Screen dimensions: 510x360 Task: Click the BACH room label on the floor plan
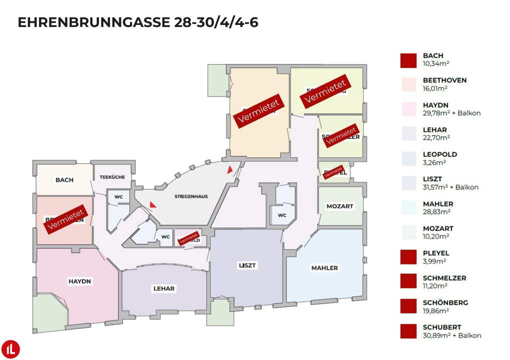pos(64,180)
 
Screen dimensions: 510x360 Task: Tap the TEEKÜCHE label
pos(112,177)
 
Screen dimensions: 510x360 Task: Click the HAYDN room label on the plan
pos(80,281)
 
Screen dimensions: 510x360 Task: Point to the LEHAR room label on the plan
pos(164,288)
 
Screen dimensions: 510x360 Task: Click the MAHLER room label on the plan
pos(324,268)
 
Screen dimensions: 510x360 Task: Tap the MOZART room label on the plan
pos(340,206)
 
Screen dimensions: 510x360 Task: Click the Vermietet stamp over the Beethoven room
pos(65,218)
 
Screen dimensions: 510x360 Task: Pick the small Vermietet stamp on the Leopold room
pos(188,238)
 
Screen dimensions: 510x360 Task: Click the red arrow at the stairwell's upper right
pos(230,169)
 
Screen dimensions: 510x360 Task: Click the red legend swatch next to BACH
pos(408,60)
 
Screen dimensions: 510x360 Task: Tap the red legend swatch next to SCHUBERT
pos(408,331)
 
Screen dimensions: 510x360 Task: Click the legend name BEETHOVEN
pos(444,80)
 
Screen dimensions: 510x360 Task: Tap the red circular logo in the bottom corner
pos(10,348)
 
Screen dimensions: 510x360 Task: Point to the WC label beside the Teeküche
pos(119,196)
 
